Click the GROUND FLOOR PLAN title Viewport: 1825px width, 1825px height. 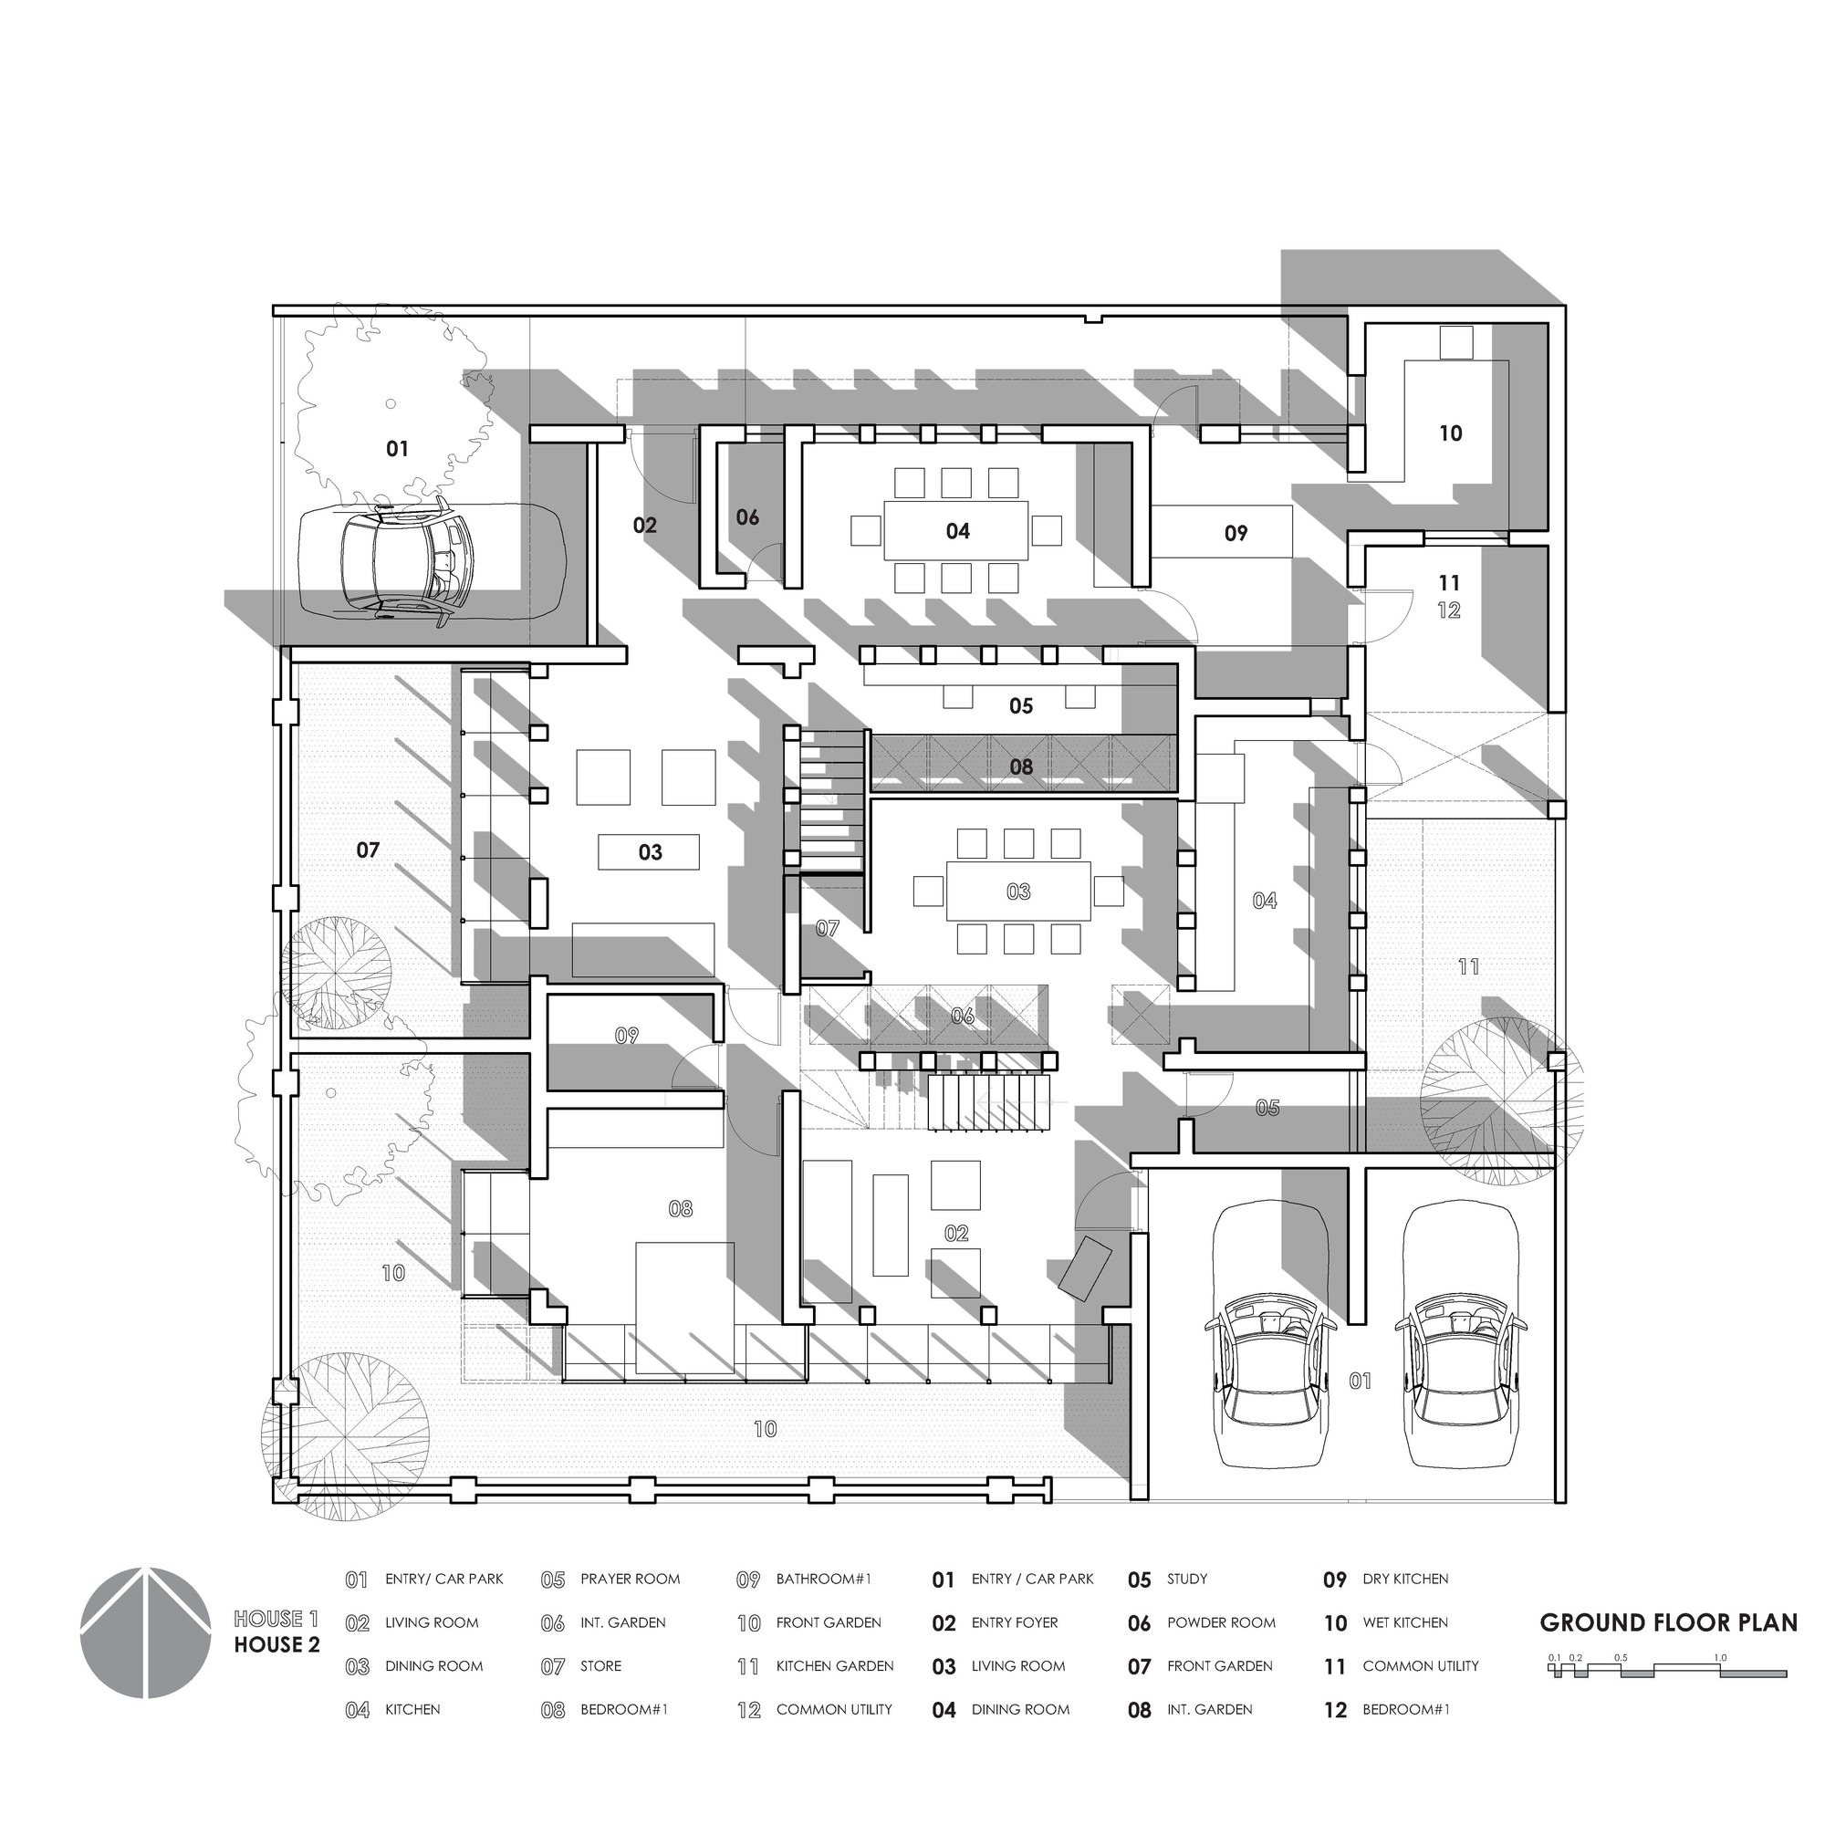point(1668,1622)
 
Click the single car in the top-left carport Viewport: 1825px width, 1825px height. point(431,561)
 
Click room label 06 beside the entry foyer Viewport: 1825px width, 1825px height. point(747,516)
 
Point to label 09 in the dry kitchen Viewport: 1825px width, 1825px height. point(1236,534)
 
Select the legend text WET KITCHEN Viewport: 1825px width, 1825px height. point(1404,1622)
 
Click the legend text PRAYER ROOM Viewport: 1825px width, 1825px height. point(630,1580)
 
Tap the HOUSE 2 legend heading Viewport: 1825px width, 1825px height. point(276,1644)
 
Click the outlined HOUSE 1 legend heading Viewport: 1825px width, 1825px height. point(269,1619)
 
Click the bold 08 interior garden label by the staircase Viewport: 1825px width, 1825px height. point(1021,766)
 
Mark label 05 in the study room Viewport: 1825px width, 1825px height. point(1021,705)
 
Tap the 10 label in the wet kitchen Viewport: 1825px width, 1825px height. point(1451,433)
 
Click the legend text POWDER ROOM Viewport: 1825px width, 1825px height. point(1220,1622)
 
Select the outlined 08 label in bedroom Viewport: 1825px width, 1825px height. point(680,1208)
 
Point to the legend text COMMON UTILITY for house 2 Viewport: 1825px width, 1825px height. point(1420,1666)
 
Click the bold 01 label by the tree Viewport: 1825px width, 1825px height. point(398,449)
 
